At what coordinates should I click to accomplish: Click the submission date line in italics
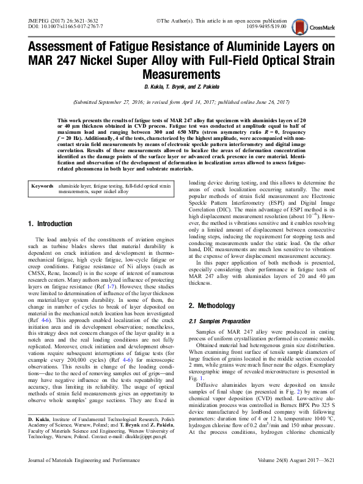182,103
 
